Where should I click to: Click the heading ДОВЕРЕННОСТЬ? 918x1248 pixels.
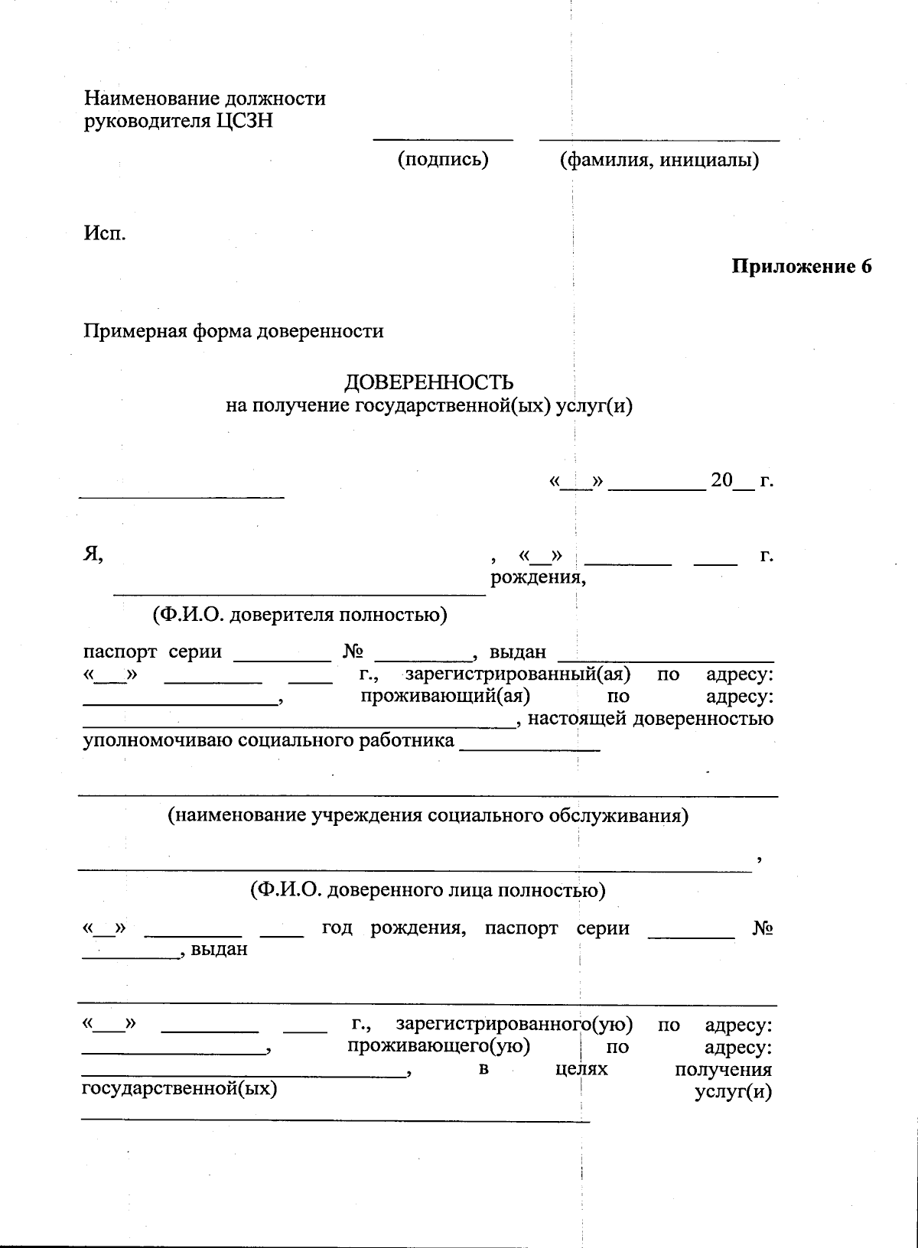click(428, 382)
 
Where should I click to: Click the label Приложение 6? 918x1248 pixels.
click(801, 267)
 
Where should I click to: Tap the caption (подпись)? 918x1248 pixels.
click(442, 159)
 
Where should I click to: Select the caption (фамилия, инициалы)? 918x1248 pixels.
click(659, 160)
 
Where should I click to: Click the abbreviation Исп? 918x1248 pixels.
click(105, 232)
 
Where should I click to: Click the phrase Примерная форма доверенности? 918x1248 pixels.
click(233, 331)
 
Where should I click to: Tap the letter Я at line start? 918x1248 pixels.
click(93, 555)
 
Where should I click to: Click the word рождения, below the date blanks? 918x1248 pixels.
click(538, 577)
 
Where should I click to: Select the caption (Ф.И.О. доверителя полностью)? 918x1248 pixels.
click(299, 614)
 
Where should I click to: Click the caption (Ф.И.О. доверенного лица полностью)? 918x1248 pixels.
click(428, 890)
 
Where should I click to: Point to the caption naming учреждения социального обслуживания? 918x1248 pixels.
click(428, 815)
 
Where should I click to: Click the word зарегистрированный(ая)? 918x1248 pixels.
click(518, 674)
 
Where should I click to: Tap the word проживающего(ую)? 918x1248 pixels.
click(439, 1045)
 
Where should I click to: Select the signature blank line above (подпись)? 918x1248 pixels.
click(443, 140)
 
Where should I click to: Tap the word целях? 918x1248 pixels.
click(581, 1068)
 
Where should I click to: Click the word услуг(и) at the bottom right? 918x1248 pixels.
click(733, 1091)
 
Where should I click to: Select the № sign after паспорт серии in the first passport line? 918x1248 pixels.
click(353, 652)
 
